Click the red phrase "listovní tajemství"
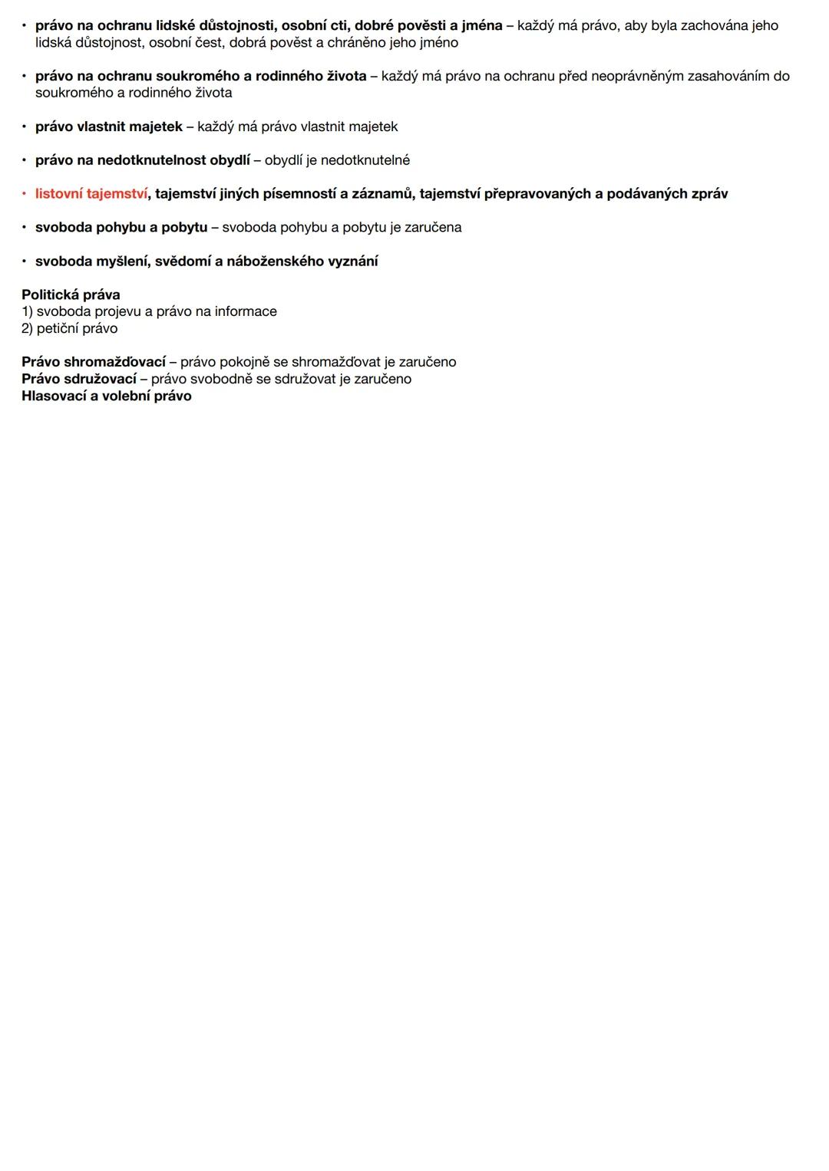click(91, 194)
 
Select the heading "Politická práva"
click(71, 294)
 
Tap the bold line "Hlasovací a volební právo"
click(107, 396)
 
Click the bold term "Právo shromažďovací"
click(94, 362)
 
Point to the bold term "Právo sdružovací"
click(79, 379)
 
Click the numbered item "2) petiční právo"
click(70, 328)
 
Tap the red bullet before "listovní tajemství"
click(24, 194)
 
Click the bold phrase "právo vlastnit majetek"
click(109, 127)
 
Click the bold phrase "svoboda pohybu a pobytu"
click(121, 228)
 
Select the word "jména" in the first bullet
click(482, 25)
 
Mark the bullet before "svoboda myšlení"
click(24, 262)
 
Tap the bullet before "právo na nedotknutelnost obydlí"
click(24, 160)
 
